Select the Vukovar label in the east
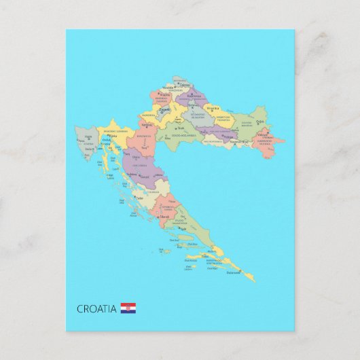click(x=263, y=135)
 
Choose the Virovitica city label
click(x=213, y=108)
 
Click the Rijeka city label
click(x=113, y=136)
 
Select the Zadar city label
click(x=139, y=198)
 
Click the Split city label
click(x=182, y=229)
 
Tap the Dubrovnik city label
click(x=234, y=272)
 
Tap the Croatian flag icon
click(x=128, y=308)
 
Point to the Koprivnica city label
click(x=193, y=96)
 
